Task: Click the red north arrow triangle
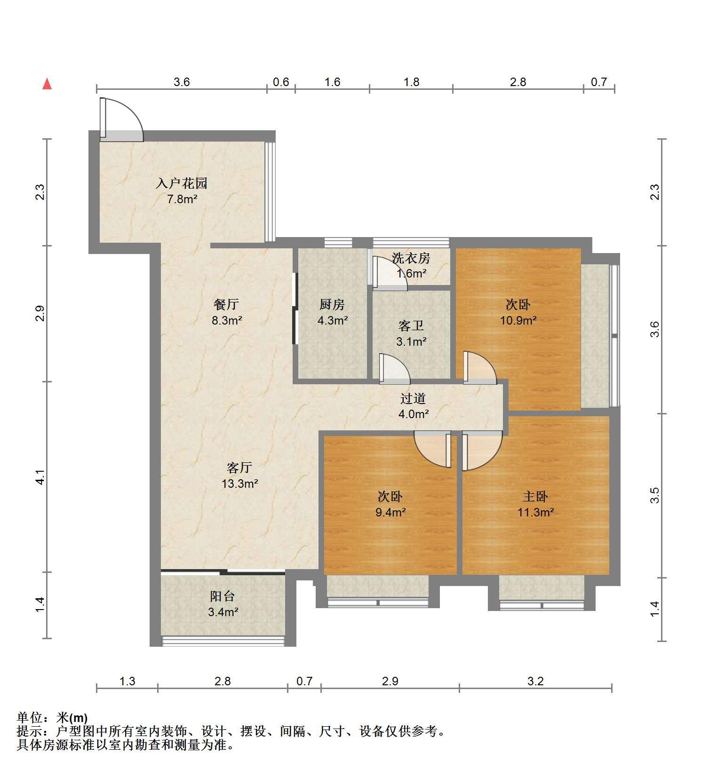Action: [x=47, y=84]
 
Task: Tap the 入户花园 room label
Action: [x=182, y=183]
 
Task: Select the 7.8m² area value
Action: [x=182, y=199]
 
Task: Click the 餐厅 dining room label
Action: [x=226, y=305]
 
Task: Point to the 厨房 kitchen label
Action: [x=332, y=305]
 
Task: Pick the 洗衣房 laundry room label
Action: [x=411, y=258]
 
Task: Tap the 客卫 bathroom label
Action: [x=411, y=325]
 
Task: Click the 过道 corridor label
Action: [x=413, y=399]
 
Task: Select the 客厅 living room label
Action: [x=239, y=468]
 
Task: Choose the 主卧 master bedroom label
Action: [x=535, y=496]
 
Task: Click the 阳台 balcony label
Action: [x=223, y=596]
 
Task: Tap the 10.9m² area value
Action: [x=518, y=321]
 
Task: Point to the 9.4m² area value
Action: [x=390, y=512]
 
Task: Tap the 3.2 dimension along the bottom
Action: [x=535, y=681]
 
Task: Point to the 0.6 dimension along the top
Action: [x=281, y=82]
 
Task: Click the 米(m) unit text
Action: [x=72, y=718]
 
